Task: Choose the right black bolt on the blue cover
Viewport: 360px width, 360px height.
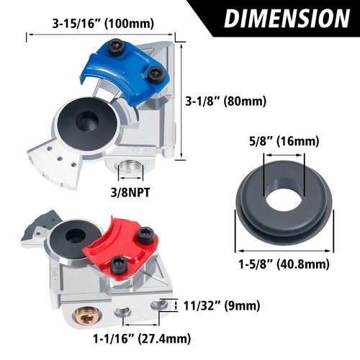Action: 153,72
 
